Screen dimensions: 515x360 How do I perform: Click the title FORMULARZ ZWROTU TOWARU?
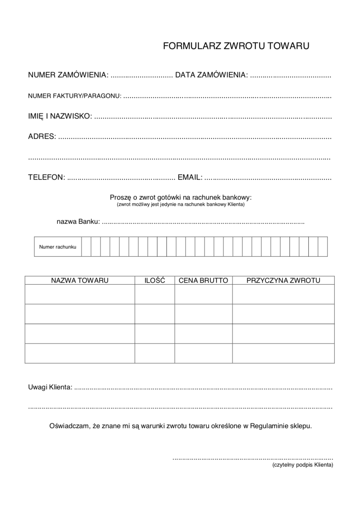tap(236, 46)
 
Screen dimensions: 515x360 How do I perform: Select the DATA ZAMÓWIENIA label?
tap(211, 75)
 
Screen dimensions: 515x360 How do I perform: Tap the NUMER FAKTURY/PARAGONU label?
tap(75, 96)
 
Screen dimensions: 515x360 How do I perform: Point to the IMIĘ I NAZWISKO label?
tap(60, 116)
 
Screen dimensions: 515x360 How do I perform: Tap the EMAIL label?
tap(190, 177)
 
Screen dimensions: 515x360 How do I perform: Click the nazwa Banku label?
tap(78, 222)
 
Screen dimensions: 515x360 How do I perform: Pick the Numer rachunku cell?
tap(58, 247)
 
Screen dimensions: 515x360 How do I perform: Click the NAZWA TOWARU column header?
tap(80, 280)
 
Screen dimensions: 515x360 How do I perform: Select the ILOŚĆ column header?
tap(155, 280)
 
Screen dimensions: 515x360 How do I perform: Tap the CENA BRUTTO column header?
tap(203, 280)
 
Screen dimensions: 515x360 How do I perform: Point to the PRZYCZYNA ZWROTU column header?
tap(283, 280)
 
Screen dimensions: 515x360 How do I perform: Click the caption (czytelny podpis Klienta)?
tap(303, 465)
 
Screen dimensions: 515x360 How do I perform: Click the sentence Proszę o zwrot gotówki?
tap(180, 197)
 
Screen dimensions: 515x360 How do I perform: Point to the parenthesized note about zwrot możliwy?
tap(180, 204)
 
